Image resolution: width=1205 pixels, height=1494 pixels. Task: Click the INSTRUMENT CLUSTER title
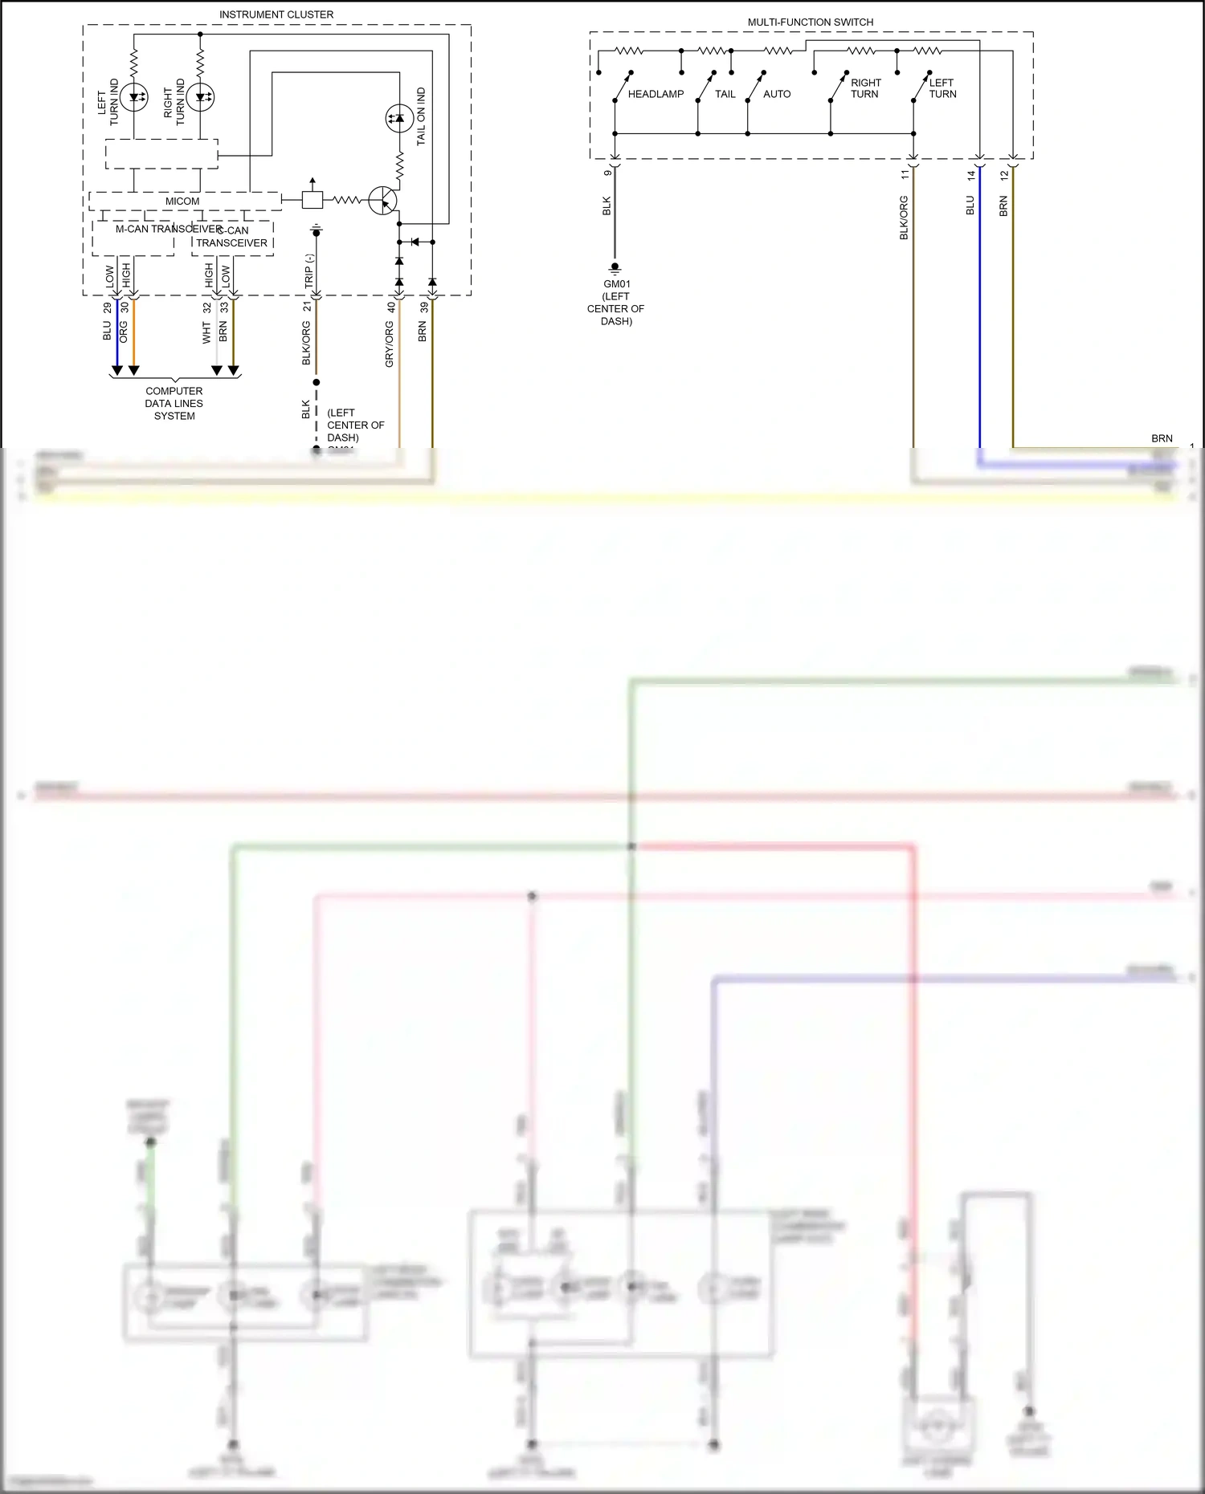tap(276, 14)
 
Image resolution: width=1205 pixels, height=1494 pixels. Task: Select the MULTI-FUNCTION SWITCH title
tap(810, 22)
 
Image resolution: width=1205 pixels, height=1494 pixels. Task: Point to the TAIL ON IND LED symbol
tap(399, 119)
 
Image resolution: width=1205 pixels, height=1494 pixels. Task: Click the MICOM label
tap(182, 202)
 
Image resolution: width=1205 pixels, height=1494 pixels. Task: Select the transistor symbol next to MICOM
tap(383, 201)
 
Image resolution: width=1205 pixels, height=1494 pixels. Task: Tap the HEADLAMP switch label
tap(656, 94)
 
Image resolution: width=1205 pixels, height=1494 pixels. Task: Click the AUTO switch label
tap(776, 94)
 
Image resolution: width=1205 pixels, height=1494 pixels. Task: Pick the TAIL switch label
tap(725, 94)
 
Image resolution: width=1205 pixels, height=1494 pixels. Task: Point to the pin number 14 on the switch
tap(970, 175)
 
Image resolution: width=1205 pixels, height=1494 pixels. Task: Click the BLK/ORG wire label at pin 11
tap(904, 218)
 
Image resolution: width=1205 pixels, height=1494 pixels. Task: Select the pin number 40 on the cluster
tap(391, 307)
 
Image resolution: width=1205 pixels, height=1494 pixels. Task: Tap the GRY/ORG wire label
tap(390, 344)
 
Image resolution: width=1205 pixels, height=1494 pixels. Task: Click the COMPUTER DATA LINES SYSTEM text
tap(174, 403)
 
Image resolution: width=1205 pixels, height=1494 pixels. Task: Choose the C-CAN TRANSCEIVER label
tap(232, 237)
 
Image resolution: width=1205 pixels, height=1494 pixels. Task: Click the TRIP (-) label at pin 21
tap(308, 271)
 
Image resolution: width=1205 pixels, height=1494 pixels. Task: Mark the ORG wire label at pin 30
tap(124, 332)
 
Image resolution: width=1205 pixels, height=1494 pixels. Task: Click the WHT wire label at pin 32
tap(206, 333)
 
